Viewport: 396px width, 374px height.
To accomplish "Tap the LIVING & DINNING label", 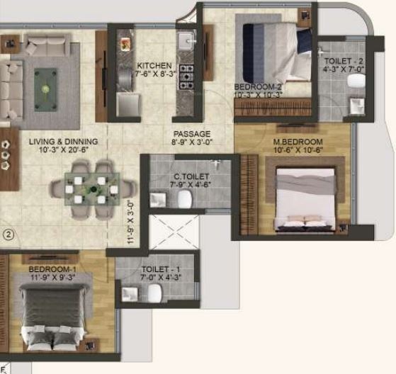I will click(64, 142).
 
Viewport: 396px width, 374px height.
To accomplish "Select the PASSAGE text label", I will click(192, 133).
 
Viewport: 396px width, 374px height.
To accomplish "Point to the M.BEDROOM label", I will click(298, 142).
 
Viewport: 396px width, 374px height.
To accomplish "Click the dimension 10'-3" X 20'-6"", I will click(64, 151).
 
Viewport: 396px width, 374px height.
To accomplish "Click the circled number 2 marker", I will click(9, 234).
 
